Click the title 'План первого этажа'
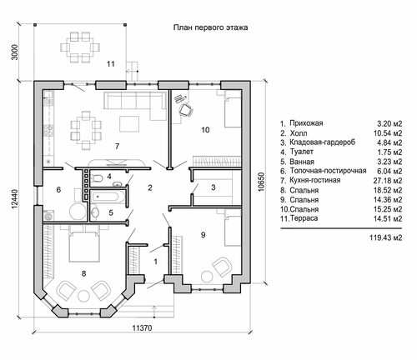point(210,27)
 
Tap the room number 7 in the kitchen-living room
point(117,146)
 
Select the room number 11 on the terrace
point(111,64)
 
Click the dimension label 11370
point(142,328)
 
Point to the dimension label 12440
point(14,199)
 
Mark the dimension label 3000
point(14,52)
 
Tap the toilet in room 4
point(97,178)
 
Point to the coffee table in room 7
point(129,124)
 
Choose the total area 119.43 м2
point(385,237)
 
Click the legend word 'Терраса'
point(304,218)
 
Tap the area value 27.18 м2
point(388,181)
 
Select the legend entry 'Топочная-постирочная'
point(328,171)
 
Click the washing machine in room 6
point(49,216)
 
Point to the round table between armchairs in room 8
point(83,297)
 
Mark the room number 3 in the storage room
point(214,187)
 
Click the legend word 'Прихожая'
point(306,123)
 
